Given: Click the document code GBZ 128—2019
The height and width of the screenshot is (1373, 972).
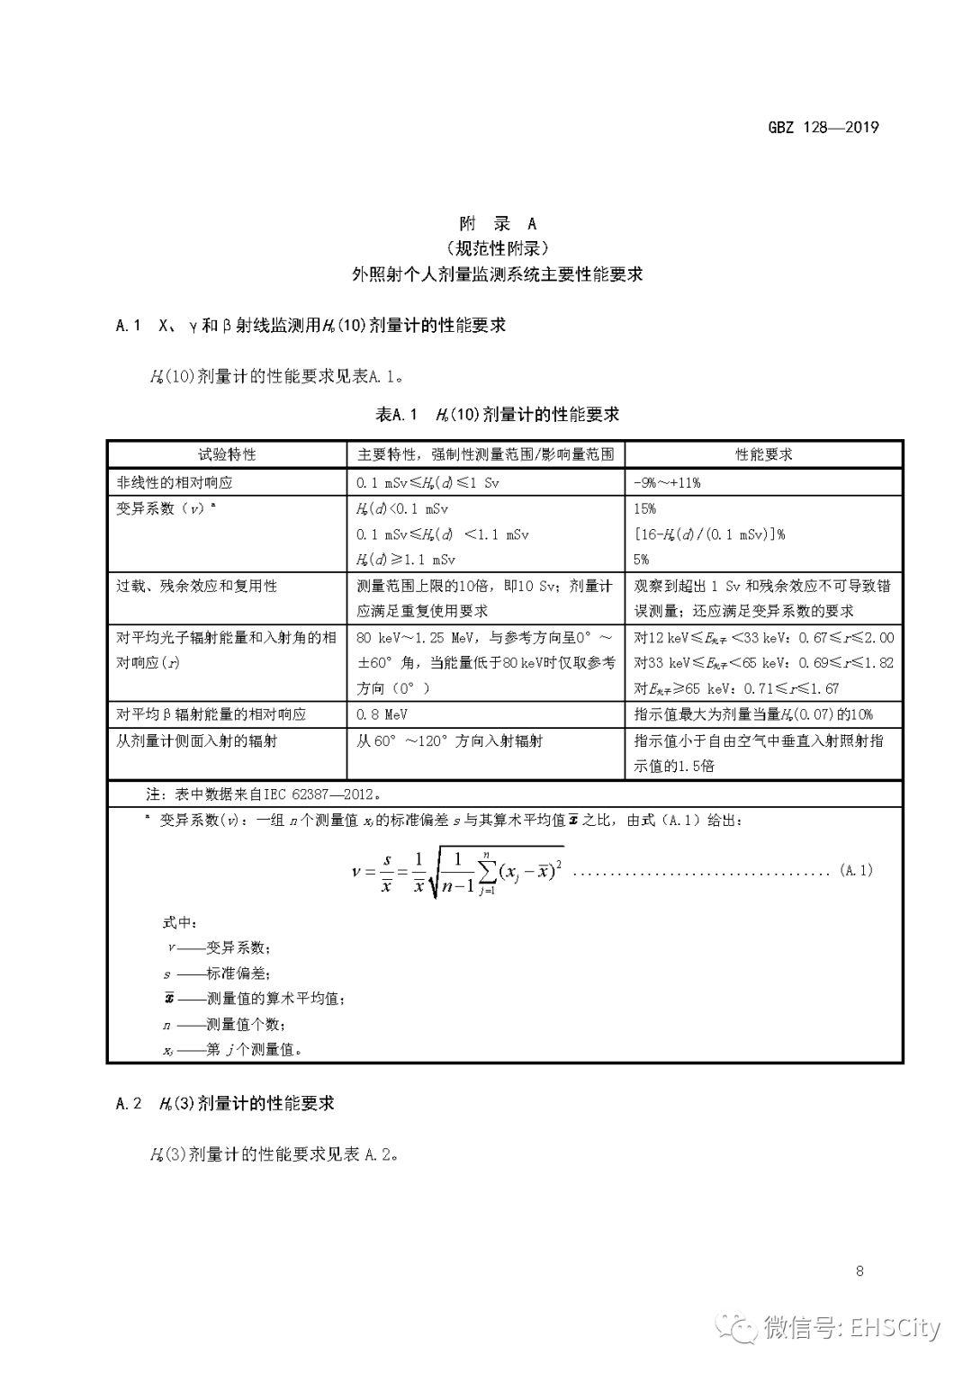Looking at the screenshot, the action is [823, 127].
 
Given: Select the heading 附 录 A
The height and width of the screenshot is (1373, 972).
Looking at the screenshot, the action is [497, 223].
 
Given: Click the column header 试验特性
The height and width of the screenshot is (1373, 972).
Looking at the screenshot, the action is [227, 454].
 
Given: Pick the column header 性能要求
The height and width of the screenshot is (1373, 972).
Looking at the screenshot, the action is [763, 454].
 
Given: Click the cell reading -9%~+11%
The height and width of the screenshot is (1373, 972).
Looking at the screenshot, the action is [667, 482].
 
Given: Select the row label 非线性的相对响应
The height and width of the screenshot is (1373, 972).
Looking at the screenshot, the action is [175, 482].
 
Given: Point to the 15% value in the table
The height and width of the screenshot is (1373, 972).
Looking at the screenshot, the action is [644, 508].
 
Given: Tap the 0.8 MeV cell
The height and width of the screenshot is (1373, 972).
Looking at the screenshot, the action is [382, 714].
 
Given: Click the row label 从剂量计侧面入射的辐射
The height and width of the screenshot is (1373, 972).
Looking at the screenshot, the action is [196, 740].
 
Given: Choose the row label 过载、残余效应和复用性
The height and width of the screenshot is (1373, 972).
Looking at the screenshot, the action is [196, 586].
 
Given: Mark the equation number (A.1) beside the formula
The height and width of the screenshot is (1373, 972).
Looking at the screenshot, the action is [855, 870].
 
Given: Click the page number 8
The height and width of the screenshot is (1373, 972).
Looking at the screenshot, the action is [859, 1270].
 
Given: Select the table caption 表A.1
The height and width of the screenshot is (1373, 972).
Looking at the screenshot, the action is [397, 415].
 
